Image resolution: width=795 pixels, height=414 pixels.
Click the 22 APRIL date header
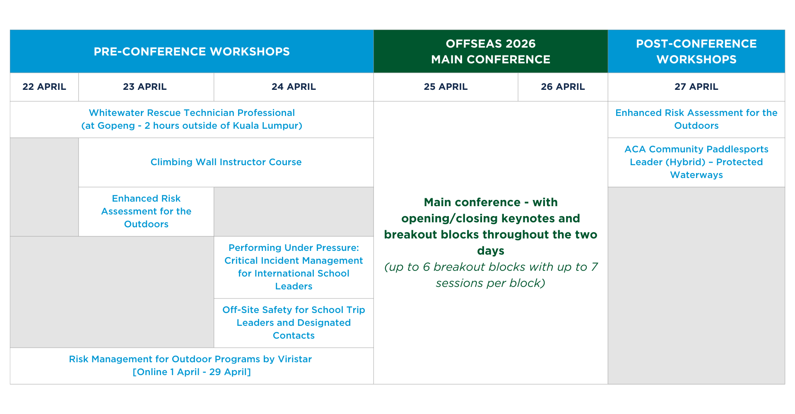point(44,87)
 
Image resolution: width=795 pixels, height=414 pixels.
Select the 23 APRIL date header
point(145,87)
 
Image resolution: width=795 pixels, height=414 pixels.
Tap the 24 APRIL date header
point(294,87)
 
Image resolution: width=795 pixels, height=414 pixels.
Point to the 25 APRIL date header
point(446,87)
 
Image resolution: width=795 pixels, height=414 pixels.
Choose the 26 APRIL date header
point(563,87)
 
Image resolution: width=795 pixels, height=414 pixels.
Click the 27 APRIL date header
point(696,87)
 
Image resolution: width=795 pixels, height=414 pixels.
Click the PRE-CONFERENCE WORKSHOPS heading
point(192,52)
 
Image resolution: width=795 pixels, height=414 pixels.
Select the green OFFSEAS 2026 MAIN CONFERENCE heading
point(491,52)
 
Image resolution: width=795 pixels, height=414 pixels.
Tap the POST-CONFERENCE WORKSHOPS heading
point(696,52)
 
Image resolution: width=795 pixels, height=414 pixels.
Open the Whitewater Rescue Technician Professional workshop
point(192,113)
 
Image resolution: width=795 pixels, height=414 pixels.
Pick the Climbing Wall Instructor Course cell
point(226,162)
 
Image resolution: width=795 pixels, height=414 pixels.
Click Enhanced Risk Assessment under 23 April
point(146,212)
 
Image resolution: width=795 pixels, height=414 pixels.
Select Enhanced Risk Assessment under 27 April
point(696,119)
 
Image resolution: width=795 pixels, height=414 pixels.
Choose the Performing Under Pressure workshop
point(294,267)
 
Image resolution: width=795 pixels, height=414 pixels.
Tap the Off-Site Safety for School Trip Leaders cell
point(294,323)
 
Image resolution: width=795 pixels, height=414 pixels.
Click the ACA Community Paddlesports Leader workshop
point(696,162)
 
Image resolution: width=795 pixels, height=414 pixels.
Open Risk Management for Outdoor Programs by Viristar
point(190,359)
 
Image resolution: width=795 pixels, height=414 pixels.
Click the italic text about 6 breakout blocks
point(491,275)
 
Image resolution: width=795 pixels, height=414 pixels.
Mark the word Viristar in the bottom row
point(294,359)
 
